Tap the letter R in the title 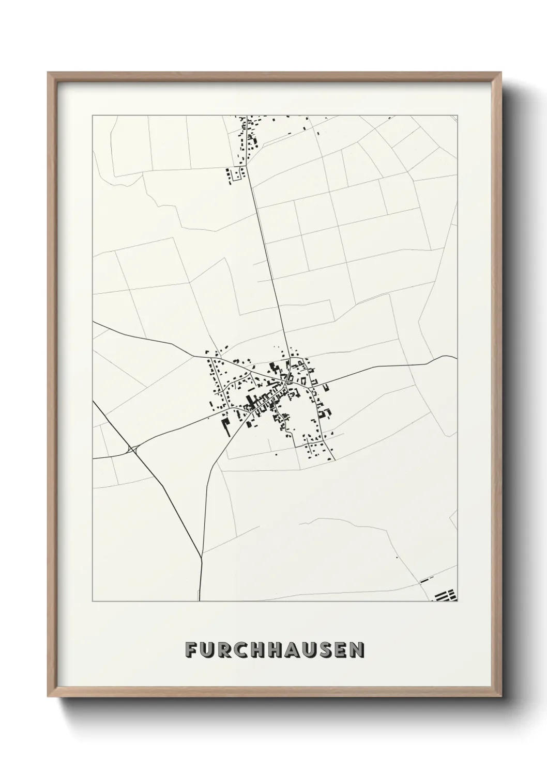click(226, 650)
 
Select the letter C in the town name click(244, 650)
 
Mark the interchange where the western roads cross click(134, 450)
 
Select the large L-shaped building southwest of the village click(226, 424)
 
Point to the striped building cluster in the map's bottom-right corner click(446, 595)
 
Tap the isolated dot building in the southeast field click(397, 558)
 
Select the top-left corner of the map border click(93, 116)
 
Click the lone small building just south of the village click(276, 455)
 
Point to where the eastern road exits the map click(457, 357)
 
